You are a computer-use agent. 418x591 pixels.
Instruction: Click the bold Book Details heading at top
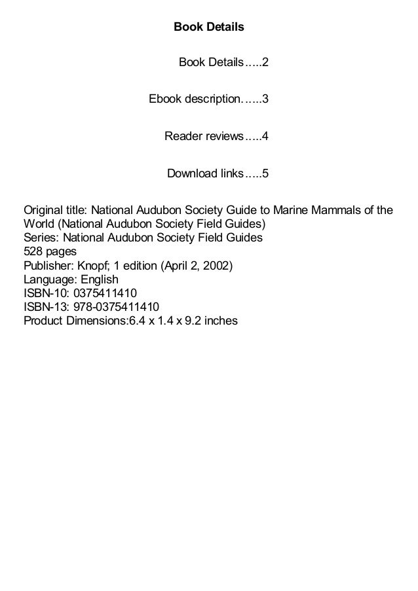pyautogui.click(x=208, y=27)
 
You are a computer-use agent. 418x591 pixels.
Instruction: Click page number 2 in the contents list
pyautogui.click(x=266, y=63)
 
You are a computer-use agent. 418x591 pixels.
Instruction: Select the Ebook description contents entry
pyautogui.click(x=195, y=100)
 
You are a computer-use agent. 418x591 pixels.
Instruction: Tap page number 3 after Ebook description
pyautogui.click(x=266, y=100)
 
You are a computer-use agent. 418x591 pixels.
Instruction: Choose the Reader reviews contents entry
pyautogui.click(x=203, y=137)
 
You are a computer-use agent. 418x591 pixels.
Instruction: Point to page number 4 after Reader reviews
pyautogui.click(x=266, y=137)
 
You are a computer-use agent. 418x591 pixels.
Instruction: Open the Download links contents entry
pyautogui.click(x=204, y=173)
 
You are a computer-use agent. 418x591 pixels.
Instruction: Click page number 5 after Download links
pyautogui.click(x=266, y=173)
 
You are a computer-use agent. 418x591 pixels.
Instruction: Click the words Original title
pyautogui.click(x=54, y=211)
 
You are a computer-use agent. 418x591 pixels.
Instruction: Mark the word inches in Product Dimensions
pyautogui.click(x=219, y=321)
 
